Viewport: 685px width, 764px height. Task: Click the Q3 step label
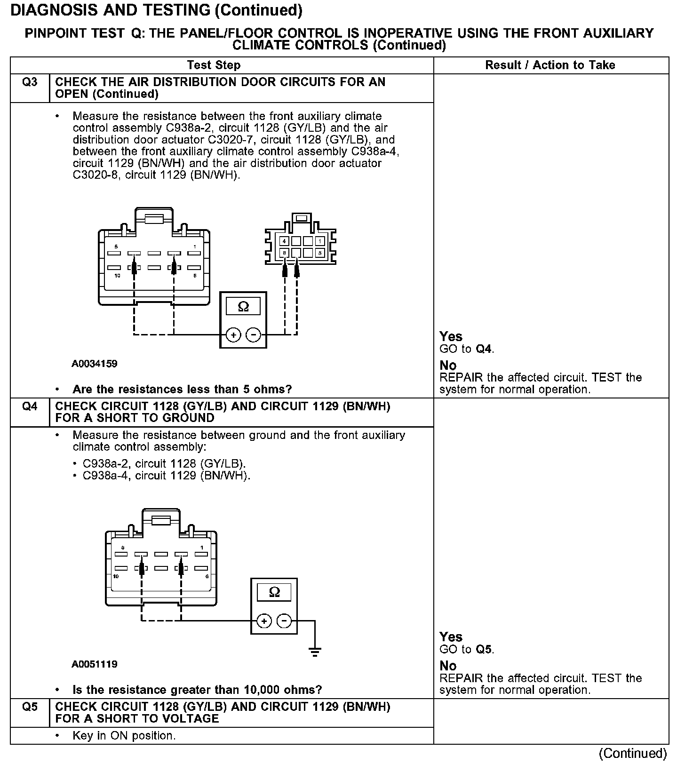[x=30, y=82]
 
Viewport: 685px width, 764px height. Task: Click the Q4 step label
[x=30, y=406]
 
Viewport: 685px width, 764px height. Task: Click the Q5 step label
[x=30, y=707]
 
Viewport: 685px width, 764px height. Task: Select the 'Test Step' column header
[x=214, y=65]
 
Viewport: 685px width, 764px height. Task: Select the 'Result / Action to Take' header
[x=550, y=65]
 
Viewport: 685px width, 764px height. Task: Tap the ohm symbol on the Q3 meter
[x=243, y=307]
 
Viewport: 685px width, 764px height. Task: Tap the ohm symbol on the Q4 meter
[x=274, y=592]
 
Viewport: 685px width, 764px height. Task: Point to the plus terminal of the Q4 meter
[x=264, y=621]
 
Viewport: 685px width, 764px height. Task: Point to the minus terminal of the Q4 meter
[x=284, y=621]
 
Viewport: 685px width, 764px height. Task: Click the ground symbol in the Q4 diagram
[x=315, y=652]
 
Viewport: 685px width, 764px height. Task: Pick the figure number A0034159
[x=95, y=364]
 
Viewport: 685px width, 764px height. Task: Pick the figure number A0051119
[x=95, y=664]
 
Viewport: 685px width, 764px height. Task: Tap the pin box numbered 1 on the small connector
[x=320, y=241]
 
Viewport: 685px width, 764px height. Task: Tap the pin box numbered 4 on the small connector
[x=284, y=241]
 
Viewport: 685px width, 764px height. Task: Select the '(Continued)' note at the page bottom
[x=633, y=753]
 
